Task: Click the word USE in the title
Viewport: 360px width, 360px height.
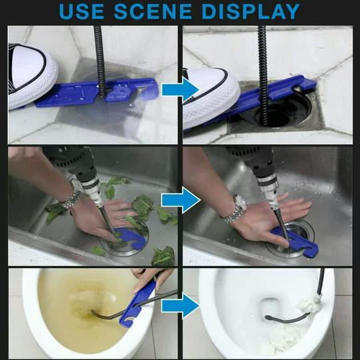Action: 82,11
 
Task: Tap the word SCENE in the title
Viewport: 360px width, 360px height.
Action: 153,11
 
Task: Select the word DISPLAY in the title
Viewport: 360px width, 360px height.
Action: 251,11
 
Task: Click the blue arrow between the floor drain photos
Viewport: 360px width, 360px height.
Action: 181,89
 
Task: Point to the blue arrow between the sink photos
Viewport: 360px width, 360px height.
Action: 181,200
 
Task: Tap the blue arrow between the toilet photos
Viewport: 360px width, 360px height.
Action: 181,306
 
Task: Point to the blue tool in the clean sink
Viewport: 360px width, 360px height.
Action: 296,242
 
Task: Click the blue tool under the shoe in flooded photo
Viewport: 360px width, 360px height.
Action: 97,92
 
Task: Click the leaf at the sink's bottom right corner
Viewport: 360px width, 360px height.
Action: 163,256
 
